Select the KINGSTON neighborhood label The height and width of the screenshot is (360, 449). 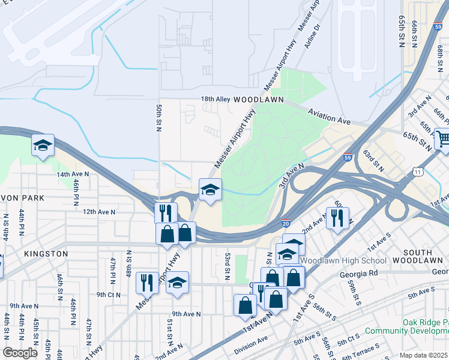[46, 254]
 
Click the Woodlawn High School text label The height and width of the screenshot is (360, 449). [343, 260]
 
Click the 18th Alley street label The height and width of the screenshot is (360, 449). [215, 99]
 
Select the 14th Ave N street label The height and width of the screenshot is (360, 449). [73, 174]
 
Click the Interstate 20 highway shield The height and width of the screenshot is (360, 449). [287, 223]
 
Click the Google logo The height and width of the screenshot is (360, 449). [20, 352]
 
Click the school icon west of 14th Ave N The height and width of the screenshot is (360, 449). [43, 145]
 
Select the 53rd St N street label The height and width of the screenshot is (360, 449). [228, 266]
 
